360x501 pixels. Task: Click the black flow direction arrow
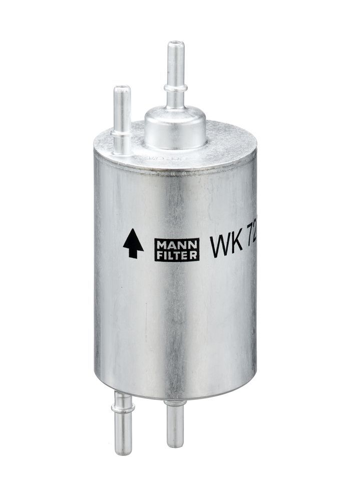(133, 243)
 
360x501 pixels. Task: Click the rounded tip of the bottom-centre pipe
(175, 443)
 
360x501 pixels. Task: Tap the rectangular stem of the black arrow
(133, 250)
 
